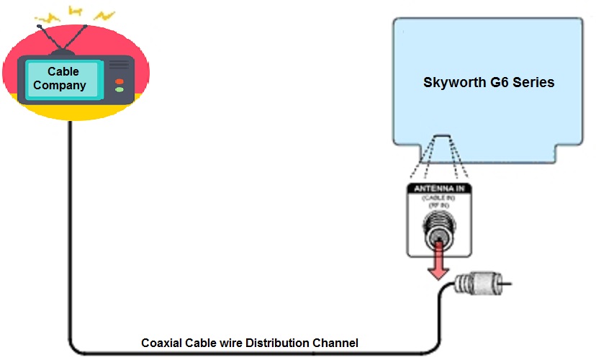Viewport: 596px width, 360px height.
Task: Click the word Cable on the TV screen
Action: pyautogui.click(x=63, y=71)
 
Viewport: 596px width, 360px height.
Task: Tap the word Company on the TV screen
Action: pyautogui.click(x=63, y=85)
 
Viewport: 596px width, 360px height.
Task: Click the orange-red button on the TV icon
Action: pyautogui.click(x=119, y=81)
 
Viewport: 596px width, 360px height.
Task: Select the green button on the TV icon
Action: pyautogui.click(x=119, y=90)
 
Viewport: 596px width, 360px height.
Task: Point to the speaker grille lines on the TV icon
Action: pyautogui.click(x=119, y=66)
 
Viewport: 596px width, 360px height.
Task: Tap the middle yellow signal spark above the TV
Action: pyautogui.click(x=75, y=11)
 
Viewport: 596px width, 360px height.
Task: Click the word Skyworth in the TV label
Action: pyautogui.click(x=454, y=82)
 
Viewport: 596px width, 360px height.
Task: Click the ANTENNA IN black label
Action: pyautogui.click(x=438, y=189)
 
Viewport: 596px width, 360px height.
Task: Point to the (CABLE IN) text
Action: pyautogui.click(x=438, y=197)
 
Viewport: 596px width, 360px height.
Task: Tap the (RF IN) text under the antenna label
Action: pyautogui.click(x=438, y=204)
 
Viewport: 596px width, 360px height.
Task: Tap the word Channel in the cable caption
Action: pyautogui.click(x=334, y=343)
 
